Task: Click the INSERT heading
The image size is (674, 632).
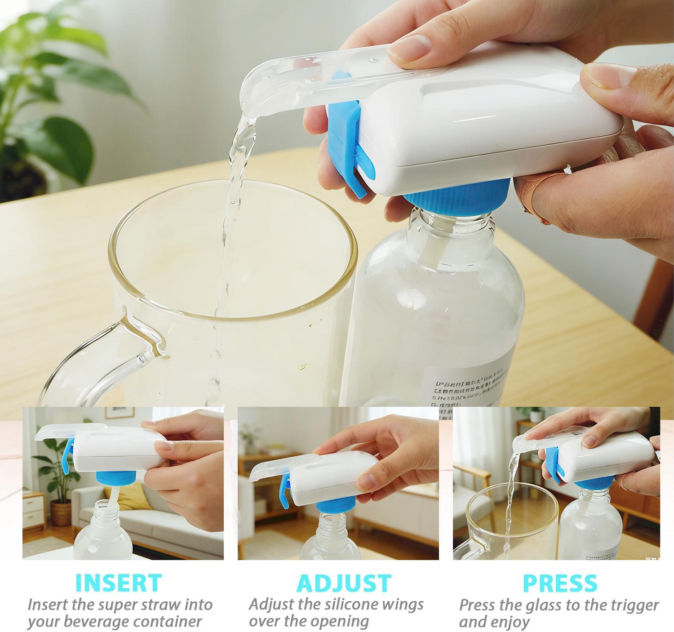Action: pos(118,583)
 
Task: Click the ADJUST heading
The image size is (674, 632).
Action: pos(344,583)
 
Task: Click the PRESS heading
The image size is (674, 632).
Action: pos(560,583)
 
